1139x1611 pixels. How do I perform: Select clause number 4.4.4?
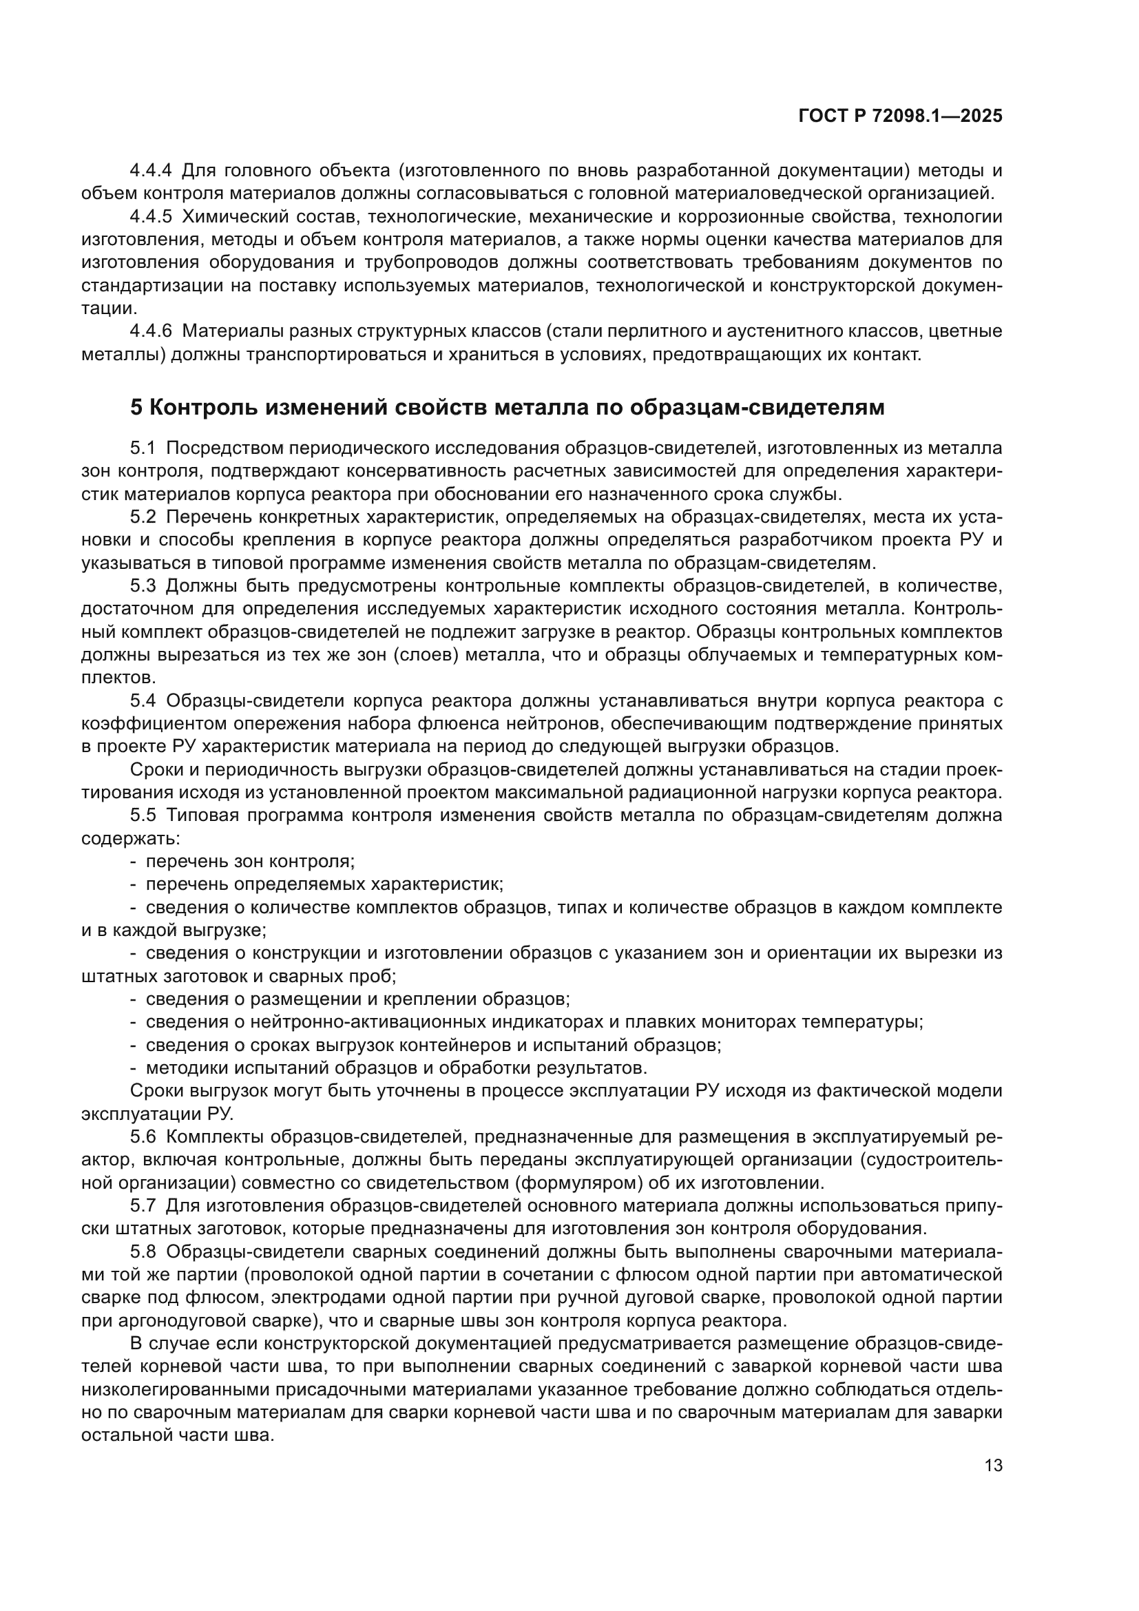[x=151, y=171]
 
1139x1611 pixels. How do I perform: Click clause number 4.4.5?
[x=151, y=217]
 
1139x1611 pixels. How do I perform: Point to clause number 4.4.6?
[x=151, y=331]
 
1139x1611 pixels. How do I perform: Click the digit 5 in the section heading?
[x=136, y=408]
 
